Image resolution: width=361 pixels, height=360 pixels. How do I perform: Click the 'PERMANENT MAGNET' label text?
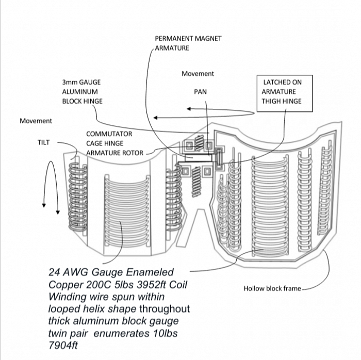click(x=188, y=39)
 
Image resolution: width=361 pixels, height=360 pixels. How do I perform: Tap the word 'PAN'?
click(x=200, y=92)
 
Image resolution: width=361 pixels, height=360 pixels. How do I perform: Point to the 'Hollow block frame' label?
click(x=272, y=288)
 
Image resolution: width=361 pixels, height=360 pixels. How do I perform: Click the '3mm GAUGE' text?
click(x=81, y=82)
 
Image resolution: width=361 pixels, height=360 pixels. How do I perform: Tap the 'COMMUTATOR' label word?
click(x=109, y=134)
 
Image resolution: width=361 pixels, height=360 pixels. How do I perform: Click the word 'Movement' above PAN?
click(x=198, y=74)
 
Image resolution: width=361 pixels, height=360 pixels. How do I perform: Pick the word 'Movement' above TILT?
click(x=36, y=121)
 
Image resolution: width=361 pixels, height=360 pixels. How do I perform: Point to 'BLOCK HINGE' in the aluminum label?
click(x=83, y=101)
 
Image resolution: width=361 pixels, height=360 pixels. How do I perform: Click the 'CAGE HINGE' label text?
click(x=105, y=143)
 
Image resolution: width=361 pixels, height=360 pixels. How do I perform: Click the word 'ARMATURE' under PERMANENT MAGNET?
click(x=172, y=48)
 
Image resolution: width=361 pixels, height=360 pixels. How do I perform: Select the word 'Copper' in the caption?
click(x=65, y=285)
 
